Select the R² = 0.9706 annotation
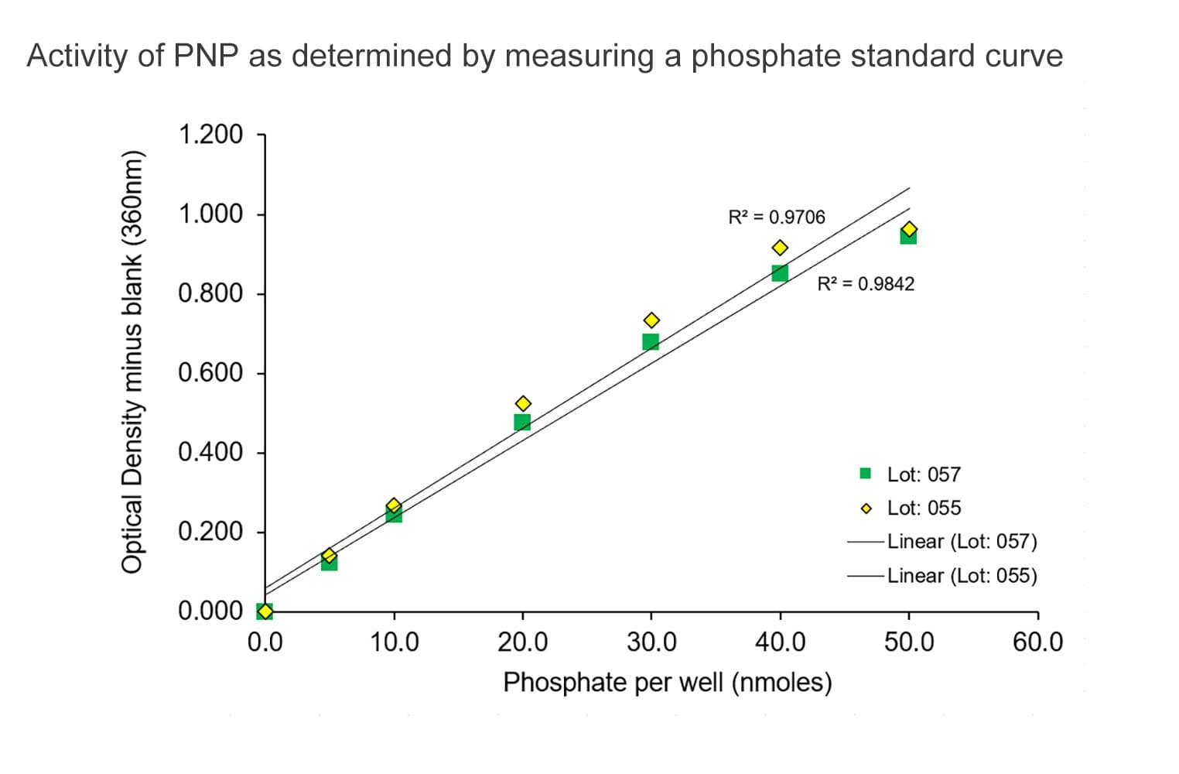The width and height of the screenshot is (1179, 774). (x=777, y=217)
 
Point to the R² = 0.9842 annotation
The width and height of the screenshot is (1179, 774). (x=866, y=284)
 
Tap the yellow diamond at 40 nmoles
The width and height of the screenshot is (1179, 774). (x=780, y=248)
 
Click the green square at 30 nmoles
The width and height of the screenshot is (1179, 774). (x=651, y=341)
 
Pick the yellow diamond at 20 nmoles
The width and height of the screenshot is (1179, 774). (x=523, y=403)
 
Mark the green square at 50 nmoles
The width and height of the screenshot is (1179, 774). (x=908, y=236)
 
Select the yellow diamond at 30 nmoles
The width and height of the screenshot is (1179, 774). (x=651, y=320)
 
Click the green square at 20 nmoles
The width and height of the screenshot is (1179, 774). (x=522, y=422)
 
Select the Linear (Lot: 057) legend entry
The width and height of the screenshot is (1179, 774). (x=941, y=541)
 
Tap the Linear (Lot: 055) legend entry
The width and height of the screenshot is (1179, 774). (x=941, y=576)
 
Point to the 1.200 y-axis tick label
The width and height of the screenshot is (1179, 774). (x=210, y=135)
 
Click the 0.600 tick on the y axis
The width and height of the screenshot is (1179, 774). (x=210, y=373)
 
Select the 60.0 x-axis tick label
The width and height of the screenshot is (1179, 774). (x=1037, y=642)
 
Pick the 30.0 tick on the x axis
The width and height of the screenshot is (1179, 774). (x=651, y=642)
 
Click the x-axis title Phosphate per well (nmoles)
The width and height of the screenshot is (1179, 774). (x=667, y=683)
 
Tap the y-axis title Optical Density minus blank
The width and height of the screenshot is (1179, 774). (x=133, y=361)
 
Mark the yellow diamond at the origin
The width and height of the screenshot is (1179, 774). (x=265, y=611)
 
